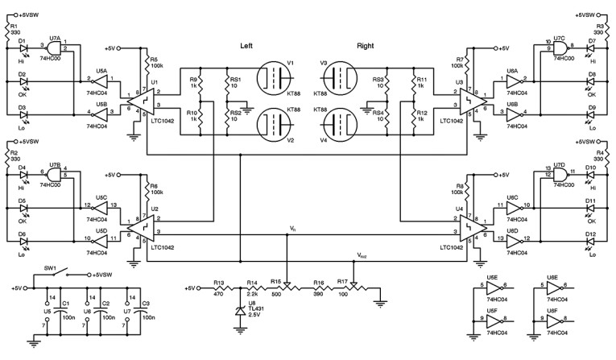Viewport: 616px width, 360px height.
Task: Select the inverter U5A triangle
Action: click(x=99, y=80)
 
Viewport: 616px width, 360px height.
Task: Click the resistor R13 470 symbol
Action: click(x=218, y=288)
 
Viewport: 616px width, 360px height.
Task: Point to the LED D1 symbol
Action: click(x=23, y=48)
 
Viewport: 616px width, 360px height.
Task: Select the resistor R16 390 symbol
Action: click(x=320, y=288)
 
